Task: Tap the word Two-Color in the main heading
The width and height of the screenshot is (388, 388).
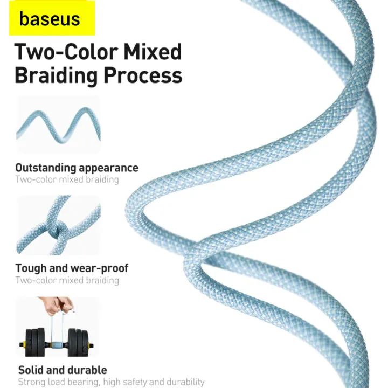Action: pos(66,52)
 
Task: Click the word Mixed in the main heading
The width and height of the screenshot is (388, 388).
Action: pos(153,52)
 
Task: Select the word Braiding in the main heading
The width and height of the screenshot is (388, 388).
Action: pos(56,75)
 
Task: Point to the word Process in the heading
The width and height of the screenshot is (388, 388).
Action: pos(143,75)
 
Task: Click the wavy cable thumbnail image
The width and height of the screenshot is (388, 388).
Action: pos(58,124)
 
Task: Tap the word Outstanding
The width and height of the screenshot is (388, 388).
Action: pos(45,168)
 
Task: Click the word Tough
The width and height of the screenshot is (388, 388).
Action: pos(31,268)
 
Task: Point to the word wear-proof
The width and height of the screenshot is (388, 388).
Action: pos(100,268)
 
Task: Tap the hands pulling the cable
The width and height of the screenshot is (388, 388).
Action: pos(58,306)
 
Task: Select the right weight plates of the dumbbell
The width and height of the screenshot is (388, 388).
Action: pos(78,343)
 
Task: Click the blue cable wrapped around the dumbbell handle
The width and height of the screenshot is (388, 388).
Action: pos(57,345)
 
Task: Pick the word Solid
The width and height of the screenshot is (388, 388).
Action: pos(31,370)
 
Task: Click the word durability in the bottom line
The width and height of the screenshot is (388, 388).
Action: pos(186,382)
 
